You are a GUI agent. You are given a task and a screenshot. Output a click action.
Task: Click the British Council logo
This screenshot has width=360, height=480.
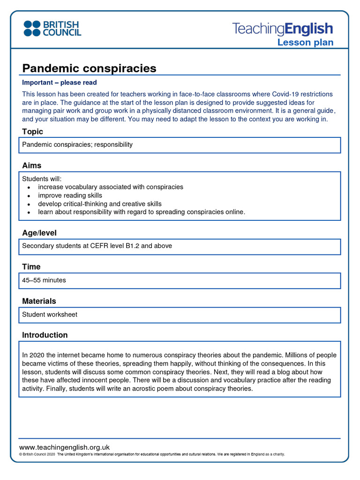52,28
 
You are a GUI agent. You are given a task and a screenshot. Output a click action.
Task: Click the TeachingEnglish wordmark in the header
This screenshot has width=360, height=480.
282,29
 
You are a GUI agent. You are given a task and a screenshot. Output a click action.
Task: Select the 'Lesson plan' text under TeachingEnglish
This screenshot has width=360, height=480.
305,43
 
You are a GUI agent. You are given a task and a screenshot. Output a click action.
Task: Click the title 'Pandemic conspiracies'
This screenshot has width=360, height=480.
89,68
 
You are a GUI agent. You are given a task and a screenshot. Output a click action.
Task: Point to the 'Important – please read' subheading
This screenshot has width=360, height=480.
60,82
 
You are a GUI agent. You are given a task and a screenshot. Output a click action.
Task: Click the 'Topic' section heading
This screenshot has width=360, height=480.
32,132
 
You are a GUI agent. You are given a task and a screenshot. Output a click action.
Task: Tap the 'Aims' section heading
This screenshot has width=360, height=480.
31,165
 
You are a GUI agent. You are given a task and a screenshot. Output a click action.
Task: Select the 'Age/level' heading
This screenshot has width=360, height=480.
39,233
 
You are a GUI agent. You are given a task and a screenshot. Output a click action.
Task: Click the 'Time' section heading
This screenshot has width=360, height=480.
31,267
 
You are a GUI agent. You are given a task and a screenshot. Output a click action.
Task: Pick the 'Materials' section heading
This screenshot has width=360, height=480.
39,301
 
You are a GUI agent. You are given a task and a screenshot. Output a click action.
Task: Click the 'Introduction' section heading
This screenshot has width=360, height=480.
45,335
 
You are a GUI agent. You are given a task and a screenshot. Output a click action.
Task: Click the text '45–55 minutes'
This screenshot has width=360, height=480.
44,280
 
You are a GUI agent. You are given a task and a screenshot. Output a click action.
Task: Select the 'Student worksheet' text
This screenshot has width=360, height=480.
50,315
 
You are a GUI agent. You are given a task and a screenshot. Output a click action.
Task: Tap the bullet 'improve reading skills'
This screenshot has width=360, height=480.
70,195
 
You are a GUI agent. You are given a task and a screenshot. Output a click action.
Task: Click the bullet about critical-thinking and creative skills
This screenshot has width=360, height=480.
99,204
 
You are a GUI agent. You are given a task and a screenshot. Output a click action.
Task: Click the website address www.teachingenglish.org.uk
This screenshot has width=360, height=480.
64,447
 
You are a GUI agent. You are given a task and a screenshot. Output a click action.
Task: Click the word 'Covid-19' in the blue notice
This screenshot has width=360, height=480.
285,94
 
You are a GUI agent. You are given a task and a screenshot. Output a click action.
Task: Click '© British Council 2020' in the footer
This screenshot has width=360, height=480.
37,454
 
